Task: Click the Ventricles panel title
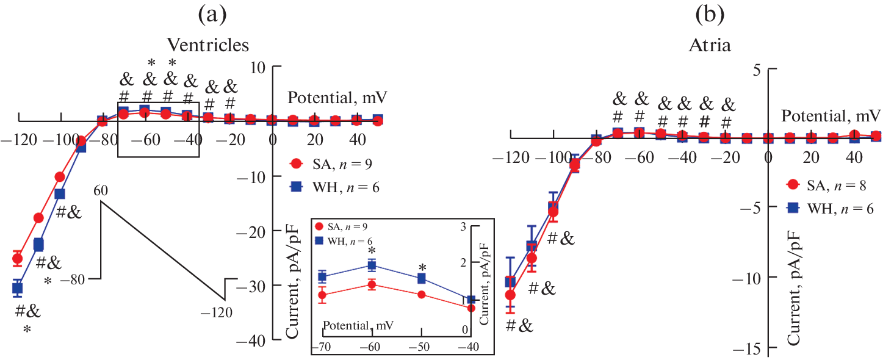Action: click(x=209, y=45)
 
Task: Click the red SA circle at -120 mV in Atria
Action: click(x=510, y=295)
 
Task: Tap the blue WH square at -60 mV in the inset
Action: click(x=372, y=265)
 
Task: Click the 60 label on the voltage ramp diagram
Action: click(x=101, y=190)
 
